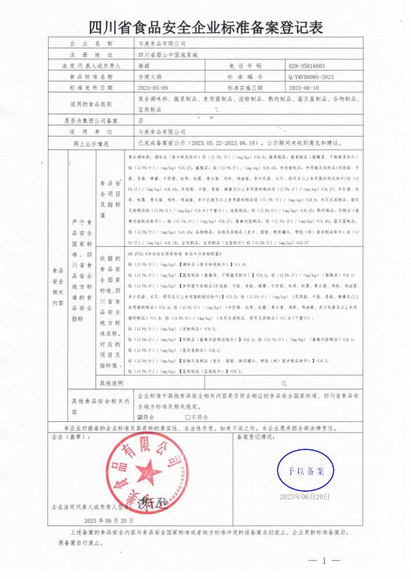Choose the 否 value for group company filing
coord(140,121)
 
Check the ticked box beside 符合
coord(140,417)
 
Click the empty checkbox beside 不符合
coord(186,417)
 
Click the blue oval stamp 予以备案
coord(306,471)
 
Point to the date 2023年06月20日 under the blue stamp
coord(305,497)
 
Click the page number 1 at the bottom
coord(324,561)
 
